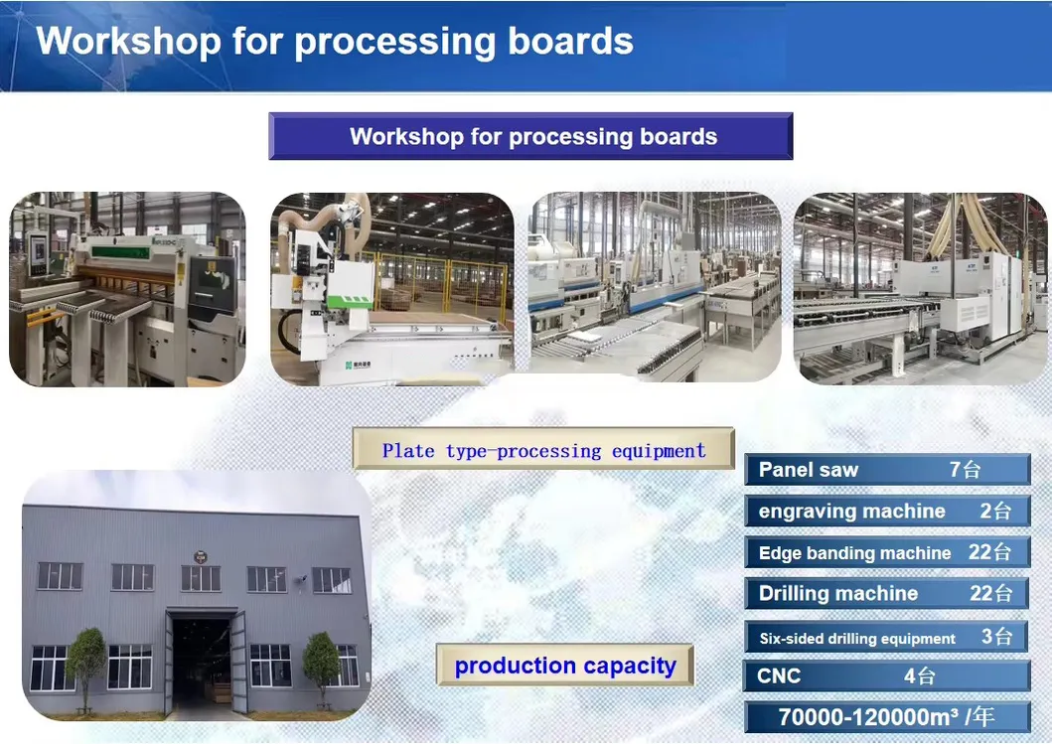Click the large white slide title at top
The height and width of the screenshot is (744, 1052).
click(335, 42)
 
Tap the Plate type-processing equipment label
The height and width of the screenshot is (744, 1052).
click(543, 451)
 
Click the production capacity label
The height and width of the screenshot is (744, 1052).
click(564, 666)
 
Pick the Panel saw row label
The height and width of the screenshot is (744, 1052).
click(809, 470)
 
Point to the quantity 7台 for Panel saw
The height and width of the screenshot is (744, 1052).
click(965, 470)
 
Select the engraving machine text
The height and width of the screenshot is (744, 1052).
click(851, 512)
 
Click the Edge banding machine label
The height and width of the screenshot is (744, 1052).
click(854, 553)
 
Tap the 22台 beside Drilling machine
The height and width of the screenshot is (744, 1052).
click(990, 594)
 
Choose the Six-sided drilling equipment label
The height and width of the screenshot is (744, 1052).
click(856, 639)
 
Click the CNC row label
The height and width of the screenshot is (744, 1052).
click(779, 676)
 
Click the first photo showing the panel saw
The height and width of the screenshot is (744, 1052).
click(127, 289)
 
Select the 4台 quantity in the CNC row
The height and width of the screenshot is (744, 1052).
click(919, 676)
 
